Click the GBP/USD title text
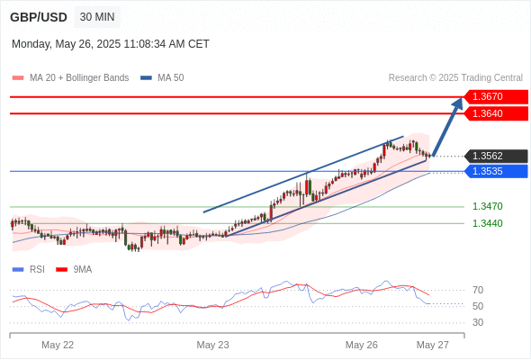coord(39,17)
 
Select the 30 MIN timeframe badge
coord(97,17)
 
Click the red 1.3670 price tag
coord(496,96)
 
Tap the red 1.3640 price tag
coord(496,113)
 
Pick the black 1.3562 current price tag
coord(496,156)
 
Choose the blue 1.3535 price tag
coord(496,171)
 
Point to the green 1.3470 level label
coord(488,206)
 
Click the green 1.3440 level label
coord(488,223)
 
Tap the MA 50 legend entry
coord(162,78)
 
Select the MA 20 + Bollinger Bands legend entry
coord(70,78)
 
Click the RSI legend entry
coord(29,270)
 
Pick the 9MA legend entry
coord(74,270)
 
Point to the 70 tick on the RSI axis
coord(478,290)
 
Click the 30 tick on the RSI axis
coord(478,322)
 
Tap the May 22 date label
coord(58,345)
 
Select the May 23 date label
coord(212,345)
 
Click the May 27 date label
coord(433,345)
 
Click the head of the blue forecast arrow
coord(462,98)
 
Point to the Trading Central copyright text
coord(455,78)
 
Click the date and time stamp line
coord(111,44)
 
